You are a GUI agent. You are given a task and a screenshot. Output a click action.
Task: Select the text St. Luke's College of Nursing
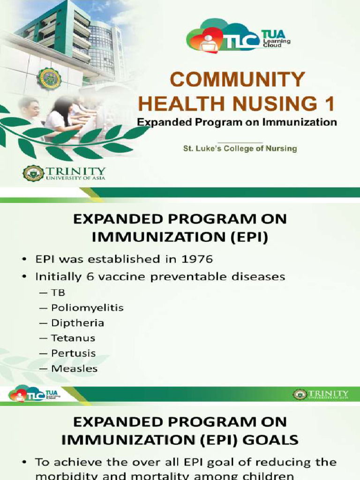(240, 148)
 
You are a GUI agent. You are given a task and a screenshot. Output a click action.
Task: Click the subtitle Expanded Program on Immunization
(237, 122)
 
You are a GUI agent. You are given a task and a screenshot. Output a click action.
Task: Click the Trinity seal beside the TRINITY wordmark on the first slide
(33, 173)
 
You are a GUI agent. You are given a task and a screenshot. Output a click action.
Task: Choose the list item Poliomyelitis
(87, 308)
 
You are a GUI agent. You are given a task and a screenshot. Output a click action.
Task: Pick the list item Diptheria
(77, 323)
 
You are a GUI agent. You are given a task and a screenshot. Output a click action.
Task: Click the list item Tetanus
(73, 338)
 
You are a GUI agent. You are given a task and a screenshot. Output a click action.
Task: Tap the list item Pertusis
(73, 353)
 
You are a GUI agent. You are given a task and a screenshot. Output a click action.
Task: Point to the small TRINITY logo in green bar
(321, 394)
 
